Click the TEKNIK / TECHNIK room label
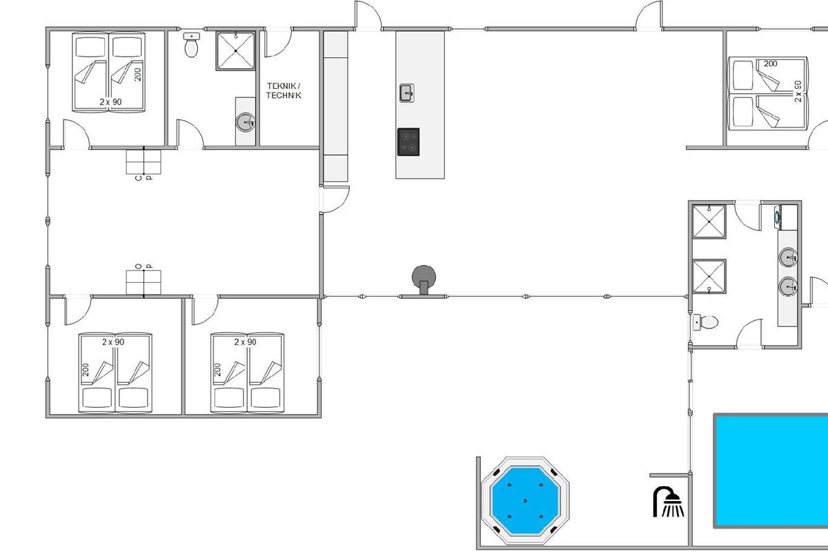pos(284,90)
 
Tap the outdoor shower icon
pos(669,502)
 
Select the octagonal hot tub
pos(525,501)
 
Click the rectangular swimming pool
pos(771,471)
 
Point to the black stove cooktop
pos(408,142)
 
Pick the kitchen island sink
pos(407,92)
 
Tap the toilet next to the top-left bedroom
pos(191,45)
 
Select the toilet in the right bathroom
pos(705,322)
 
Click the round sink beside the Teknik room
pos(246,122)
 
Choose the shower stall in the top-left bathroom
pos(236,50)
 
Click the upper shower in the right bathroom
pos(709,222)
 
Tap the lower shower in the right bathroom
pos(709,277)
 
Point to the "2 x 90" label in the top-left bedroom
pos(110,101)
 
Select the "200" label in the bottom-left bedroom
pos(86,370)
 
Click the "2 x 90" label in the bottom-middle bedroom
pos(245,342)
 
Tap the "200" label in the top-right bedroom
pos(771,63)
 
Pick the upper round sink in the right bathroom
pos(788,257)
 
